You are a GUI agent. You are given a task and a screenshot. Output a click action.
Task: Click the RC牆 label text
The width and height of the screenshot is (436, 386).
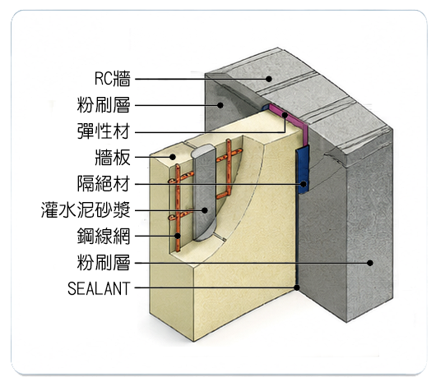[x=113, y=79]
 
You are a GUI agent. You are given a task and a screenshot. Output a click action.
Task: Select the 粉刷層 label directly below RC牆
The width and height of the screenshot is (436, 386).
[x=104, y=105]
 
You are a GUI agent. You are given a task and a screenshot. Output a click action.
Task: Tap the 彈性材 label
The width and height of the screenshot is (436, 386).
[x=104, y=131]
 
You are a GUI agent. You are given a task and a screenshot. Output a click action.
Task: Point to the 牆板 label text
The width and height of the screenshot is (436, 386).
[x=113, y=157]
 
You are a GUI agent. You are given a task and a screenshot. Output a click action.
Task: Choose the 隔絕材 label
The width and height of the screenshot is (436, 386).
[x=104, y=184]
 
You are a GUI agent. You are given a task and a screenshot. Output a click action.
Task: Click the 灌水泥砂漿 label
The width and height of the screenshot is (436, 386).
[x=86, y=209]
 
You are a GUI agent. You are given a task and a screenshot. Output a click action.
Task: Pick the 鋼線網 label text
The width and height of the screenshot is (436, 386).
[x=104, y=236]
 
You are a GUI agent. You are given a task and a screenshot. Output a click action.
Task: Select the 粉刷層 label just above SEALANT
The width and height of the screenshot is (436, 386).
[x=104, y=262]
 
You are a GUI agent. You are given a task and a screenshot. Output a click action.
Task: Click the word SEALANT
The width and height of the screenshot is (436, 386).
[x=99, y=288]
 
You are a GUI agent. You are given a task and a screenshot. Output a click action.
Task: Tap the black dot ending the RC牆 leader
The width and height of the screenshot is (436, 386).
[x=269, y=79]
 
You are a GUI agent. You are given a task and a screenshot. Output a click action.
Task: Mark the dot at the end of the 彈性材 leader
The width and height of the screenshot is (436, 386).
[x=285, y=115]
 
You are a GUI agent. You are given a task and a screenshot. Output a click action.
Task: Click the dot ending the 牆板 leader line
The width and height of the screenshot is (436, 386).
[x=173, y=157]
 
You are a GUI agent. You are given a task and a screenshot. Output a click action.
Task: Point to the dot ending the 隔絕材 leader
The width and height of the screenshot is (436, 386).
[x=304, y=184]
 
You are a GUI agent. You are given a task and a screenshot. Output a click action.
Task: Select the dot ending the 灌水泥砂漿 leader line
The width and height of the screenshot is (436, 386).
[x=205, y=210]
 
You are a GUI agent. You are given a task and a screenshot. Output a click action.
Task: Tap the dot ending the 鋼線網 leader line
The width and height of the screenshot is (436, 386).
[x=178, y=236]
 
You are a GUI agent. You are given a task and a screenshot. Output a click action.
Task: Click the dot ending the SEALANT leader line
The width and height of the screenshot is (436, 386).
[x=297, y=287]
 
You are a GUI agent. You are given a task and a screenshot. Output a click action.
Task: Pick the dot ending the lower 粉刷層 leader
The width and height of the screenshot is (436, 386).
[x=370, y=263]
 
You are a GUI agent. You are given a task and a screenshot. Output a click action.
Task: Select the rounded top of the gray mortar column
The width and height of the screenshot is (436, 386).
[x=204, y=151]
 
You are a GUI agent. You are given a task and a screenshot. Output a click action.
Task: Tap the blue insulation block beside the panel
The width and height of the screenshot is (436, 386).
[x=303, y=169]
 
